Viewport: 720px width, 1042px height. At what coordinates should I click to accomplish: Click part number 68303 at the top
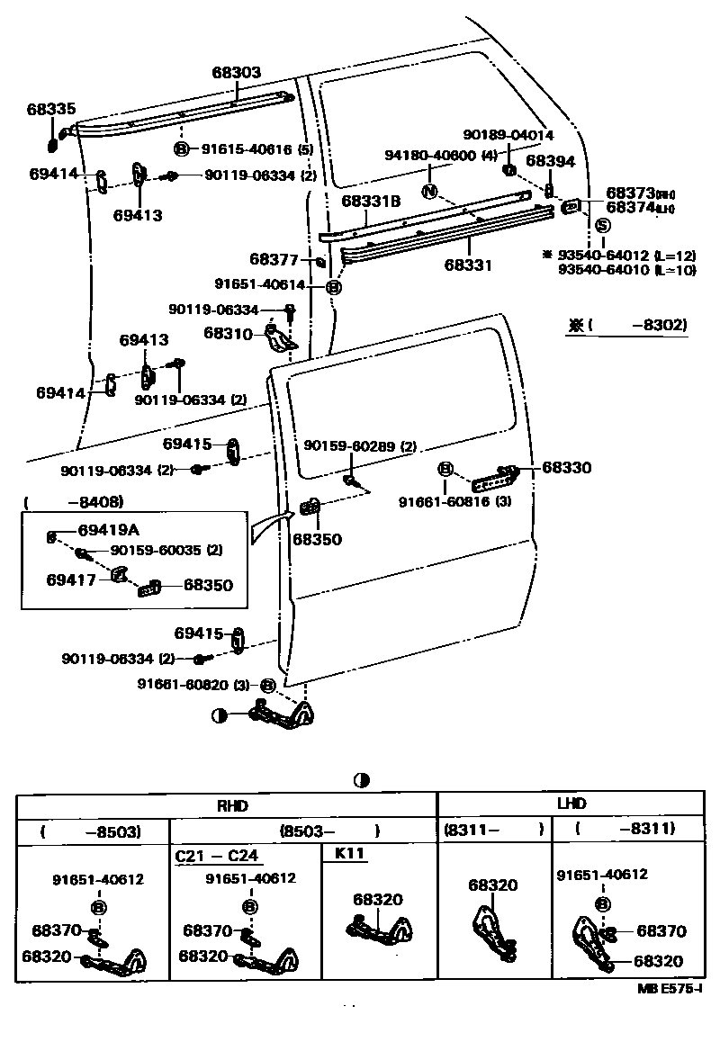(x=237, y=72)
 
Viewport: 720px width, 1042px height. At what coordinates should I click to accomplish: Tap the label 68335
(x=51, y=109)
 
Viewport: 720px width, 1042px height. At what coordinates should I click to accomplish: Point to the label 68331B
(x=370, y=202)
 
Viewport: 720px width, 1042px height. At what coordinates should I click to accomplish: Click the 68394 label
(x=550, y=161)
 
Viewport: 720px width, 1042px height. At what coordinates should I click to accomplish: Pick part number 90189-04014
(x=508, y=135)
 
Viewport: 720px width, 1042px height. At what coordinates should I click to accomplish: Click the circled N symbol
(x=429, y=191)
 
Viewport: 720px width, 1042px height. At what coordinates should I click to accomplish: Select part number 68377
(x=274, y=260)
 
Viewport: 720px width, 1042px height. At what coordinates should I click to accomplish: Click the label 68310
(x=229, y=333)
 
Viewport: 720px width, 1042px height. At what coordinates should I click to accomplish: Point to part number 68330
(x=567, y=469)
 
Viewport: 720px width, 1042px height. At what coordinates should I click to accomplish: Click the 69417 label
(x=71, y=581)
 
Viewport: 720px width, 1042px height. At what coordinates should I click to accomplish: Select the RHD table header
(x=227, y=804)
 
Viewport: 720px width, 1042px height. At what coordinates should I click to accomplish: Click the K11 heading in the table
(x=350, y=854)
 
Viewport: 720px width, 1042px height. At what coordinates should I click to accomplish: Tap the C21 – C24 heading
(x=216, y=855)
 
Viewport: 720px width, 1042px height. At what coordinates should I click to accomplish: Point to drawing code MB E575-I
(x=670, y=989)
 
